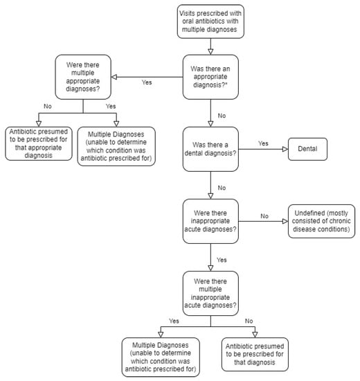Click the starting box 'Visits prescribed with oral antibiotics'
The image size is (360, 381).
(210, 21)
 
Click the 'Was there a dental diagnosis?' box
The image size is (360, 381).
(210, 148)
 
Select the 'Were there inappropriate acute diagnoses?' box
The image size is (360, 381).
(210, 221)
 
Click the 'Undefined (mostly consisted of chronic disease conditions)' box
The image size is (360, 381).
(320, 221)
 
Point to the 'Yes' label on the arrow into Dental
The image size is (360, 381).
(263, 143)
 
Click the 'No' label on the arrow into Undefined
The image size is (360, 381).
(263, 216)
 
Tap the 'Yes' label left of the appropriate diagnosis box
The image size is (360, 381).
(147, 82)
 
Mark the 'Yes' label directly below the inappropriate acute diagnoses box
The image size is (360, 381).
(221, 260)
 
